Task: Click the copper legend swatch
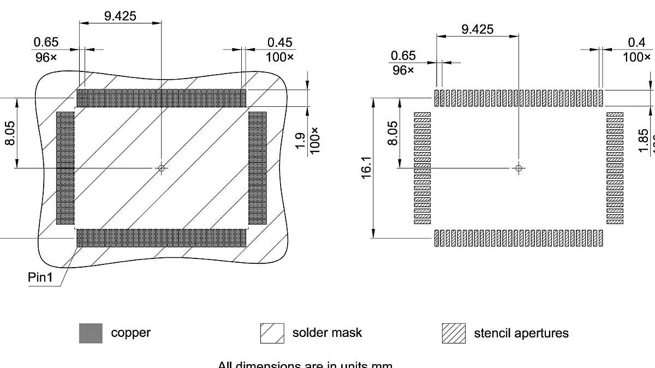pos(91,333)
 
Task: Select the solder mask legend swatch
pos(272,333)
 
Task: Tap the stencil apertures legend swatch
pos(454,333)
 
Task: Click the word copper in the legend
pos(130,333)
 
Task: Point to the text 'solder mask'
pos(327,333)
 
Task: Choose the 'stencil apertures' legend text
pos(521,333)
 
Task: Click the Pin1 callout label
pos(41,277)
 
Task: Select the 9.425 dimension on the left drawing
pos(120,16)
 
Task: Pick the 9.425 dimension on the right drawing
pos(477,29)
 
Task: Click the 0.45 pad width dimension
pos(279,43)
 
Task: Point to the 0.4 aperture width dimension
pos(636,43)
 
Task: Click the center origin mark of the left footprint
pos(161,168)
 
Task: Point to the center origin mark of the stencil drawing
pos(519,167)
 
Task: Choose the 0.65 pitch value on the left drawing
pos(46,43)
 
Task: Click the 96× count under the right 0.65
pos(402,70)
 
